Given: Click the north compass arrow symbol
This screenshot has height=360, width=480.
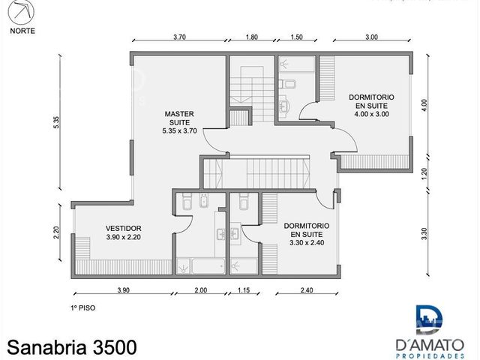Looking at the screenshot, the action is pyautogui.click(x=21, y=12).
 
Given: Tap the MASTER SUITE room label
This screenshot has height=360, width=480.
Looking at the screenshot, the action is pyautogui.click(x=179, y=118).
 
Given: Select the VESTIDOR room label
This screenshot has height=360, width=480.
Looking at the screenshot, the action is pyautogui.click(x=123, y=228).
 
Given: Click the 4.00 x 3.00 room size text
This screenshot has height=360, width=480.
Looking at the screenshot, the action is pyautogui.click(x=372, y=114).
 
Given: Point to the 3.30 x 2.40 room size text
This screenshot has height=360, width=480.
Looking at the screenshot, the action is pyautogui.click(x=307, y=243).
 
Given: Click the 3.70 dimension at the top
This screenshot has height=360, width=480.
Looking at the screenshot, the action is pyautogui.click(x=180, y=37).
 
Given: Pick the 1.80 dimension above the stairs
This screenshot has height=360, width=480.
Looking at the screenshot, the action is pyautogui.click(x=252, y=37).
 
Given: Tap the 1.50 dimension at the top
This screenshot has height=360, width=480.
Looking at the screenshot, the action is pyautogui.click(x=296, y=37).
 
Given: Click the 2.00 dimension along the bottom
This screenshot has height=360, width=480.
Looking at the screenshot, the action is pyautogui.click(x=201, y=290).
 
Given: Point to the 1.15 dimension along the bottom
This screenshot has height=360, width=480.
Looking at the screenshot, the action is pyautogui.click(x=244, y=290).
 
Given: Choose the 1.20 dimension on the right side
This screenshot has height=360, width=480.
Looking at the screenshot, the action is pyautogui.click(x=424, y=173).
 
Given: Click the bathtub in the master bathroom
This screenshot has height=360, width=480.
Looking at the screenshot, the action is pyautogui.click(x=208, y=265).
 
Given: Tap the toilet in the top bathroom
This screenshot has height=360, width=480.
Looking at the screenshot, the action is pyautogui.click(x=288, y=83).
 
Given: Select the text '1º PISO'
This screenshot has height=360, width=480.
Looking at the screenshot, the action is pyautogui.click(x=83, y=308).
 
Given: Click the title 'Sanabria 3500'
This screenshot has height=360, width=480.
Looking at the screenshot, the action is pyautogui.click(x=72, y=347).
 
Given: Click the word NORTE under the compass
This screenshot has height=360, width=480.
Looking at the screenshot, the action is pyautogui.click(x=22, y=31).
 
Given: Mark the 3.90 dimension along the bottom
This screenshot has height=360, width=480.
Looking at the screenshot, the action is pyautogui.click(x=123, y=290).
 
